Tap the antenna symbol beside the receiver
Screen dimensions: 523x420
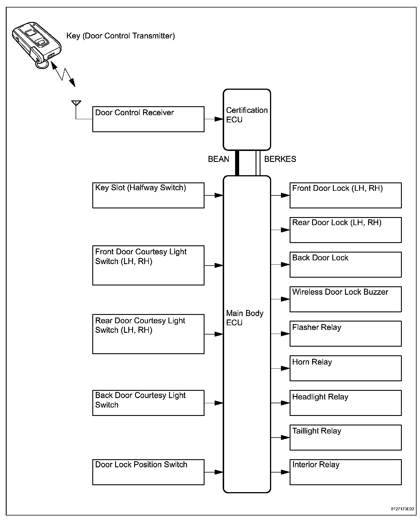[x=76, y=103]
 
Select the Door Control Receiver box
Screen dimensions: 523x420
[x=148, y=119]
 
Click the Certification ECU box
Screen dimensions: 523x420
[x=247, y=119]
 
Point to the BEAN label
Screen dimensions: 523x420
[x=218, y=159]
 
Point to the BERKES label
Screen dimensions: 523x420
[x=280, y=159]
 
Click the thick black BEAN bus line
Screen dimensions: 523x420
[x=237, y=163]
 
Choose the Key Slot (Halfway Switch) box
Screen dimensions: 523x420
[x=148, y=195]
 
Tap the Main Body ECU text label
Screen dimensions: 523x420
[x=245, y=318]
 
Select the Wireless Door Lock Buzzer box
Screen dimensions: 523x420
[x=345, y=299]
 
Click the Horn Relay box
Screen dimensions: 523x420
[x=345, y=368]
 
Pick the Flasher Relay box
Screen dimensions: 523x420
[x=345, y=334]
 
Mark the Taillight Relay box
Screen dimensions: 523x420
[x=345, y=437]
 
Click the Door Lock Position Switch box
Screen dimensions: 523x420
[x=148, y=472]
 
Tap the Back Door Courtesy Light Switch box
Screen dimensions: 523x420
[x=148, y=403]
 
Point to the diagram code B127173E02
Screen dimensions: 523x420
[x=402, y=509]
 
